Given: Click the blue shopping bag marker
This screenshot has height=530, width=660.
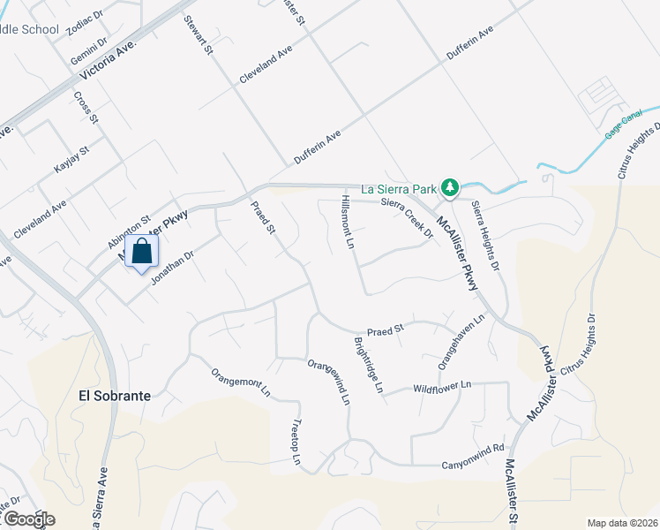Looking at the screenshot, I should [141, 253].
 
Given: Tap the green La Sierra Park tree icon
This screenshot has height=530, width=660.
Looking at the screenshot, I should [450, 187].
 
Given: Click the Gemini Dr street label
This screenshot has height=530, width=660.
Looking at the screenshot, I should [89, 49].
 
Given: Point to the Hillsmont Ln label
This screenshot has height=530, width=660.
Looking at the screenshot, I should [347, 222].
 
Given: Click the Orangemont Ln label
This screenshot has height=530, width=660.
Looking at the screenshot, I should [240, 380].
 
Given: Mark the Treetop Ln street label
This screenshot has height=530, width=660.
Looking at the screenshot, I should [297, 443].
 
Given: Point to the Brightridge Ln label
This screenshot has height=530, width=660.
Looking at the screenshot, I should [369, 365].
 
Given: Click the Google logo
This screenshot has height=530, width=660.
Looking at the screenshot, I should [28, 519].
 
